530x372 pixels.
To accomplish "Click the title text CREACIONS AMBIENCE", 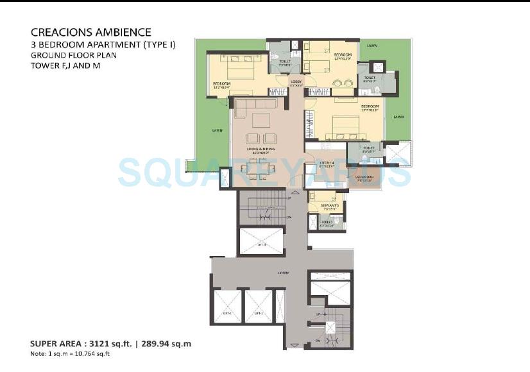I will (x=90, y=32).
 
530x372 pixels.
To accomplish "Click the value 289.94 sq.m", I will (x=166, y=344).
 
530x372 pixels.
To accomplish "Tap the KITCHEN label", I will (x=327, y=163).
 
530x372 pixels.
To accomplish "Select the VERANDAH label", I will (x=364, y=177).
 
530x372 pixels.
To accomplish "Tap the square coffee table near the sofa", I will (x=261, y=120).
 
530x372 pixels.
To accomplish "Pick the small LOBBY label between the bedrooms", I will (x=296, y=82).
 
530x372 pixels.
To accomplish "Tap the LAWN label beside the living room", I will (x=218, y=130).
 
